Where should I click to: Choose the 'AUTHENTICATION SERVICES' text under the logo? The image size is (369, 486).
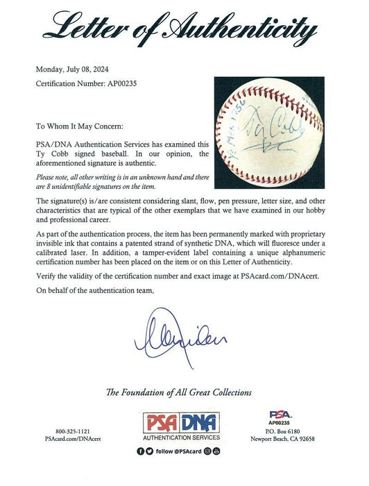(184, 458)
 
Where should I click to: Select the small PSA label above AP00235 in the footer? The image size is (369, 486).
(275, 415)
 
